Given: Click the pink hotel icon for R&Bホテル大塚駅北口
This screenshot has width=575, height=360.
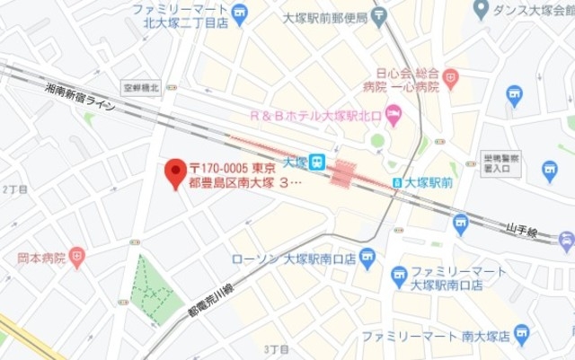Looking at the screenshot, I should pyautogui.click(x=393, y=114).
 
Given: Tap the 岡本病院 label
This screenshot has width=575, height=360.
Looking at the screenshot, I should pyautogui.click(x=40, y=259).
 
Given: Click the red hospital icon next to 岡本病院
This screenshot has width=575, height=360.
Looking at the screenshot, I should pyautogui.click(x=77, y=259).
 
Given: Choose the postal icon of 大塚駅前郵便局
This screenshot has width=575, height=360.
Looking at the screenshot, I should pyautogui.click(x=379, y=13).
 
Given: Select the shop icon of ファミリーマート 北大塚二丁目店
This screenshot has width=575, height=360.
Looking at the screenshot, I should pyautogui.click(x=238, y=12).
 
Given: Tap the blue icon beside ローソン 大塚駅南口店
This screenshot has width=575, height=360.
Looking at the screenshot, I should pyautogui.click(x=366, y=259).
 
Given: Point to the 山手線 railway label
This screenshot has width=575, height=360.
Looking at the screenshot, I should pyautogui.click(x=522, y=231).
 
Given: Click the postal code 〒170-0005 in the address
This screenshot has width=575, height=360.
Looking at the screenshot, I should pyautogui.click(x=221, y=169).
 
